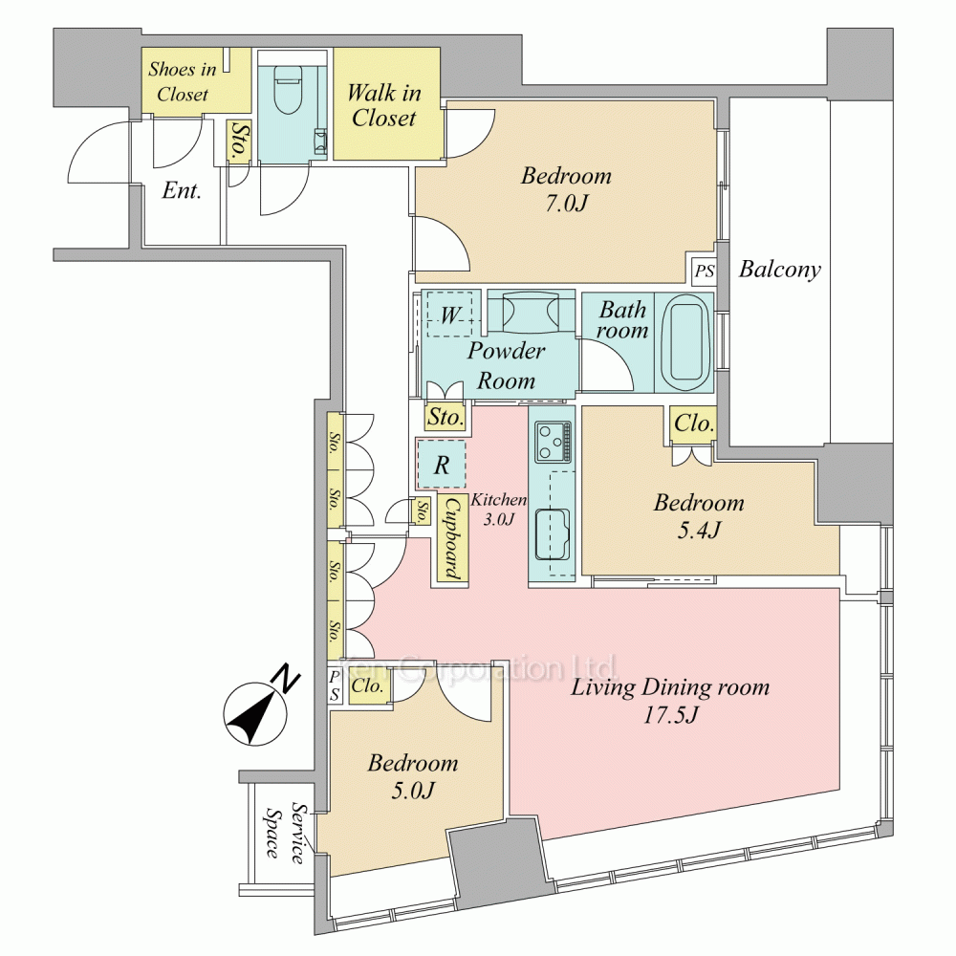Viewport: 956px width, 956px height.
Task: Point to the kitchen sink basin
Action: point(552,532)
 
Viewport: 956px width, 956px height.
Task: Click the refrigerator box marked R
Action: point(442,466)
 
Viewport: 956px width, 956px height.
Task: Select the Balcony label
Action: point(780,270)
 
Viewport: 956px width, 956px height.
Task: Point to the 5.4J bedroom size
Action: point(698,530)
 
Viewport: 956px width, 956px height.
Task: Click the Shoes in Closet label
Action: point(183,81)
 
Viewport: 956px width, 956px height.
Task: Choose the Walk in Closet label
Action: point(384,105)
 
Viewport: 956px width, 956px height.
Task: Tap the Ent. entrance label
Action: point(181,190)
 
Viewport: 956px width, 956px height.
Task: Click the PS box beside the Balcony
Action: point(704,272)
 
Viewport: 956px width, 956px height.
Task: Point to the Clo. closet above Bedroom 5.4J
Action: point(692,423)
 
